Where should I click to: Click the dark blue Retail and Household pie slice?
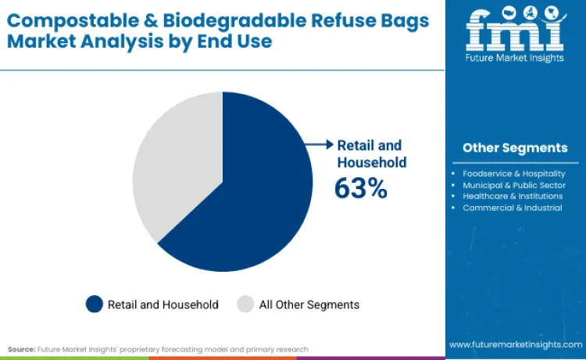(x=250, y=195)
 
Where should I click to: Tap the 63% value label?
(x=360, y=188)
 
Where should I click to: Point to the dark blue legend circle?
(x=95, y=305)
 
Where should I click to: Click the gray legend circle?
(x=246, y=305)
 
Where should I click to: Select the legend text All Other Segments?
(x=309, y=305)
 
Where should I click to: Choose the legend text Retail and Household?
(x=163, y=305)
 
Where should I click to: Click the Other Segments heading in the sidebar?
(x=515, y=148)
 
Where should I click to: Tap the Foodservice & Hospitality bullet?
(x=513, y=173)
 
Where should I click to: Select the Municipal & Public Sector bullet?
(x=513, y=185)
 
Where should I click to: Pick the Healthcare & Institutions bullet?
(x=512, y=196)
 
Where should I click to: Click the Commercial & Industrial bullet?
(x=512, y=208)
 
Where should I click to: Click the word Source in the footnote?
(x=21, y=349)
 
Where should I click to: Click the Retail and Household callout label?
(x=371, y=154)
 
